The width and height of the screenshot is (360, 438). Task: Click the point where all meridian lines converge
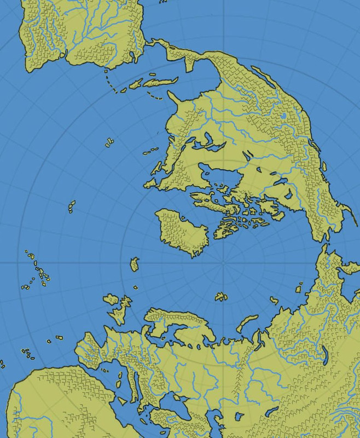(x=224, y=263)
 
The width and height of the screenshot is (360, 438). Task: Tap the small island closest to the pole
(x=221, y=296)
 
